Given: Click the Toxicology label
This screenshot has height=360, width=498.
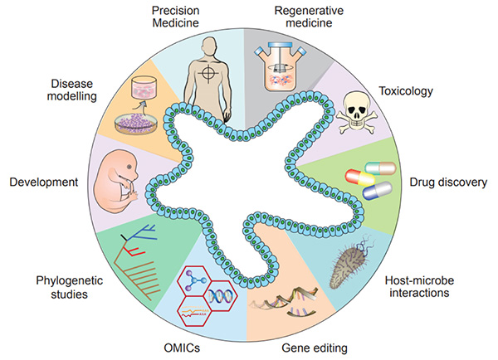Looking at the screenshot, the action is point(406,91).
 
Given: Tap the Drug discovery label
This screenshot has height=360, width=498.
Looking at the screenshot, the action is point(448,182).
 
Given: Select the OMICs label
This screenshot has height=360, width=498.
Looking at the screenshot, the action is point(182,348).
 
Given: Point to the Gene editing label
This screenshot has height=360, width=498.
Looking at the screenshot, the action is point(315,348).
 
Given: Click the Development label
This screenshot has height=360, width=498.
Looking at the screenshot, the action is point(44,182).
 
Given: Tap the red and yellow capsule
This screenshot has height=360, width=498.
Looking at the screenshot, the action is point(360,178).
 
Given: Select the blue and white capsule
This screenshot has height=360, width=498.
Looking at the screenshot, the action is point(378,191).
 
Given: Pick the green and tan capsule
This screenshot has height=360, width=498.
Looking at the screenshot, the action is point(380,168).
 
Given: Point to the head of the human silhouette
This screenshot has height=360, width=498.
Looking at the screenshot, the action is point(209,46).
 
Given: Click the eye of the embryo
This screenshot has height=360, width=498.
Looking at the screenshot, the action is point(129,167).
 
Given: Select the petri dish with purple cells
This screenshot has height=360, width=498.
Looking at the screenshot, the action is point(136,124).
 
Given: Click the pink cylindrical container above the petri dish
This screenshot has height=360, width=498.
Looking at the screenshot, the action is point(144,86).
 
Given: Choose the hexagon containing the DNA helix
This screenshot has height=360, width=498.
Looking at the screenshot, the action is point(221,296).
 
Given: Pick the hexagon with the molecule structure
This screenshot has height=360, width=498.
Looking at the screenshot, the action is point(194,280).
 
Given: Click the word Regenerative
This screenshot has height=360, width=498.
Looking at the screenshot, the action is point(309,11).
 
